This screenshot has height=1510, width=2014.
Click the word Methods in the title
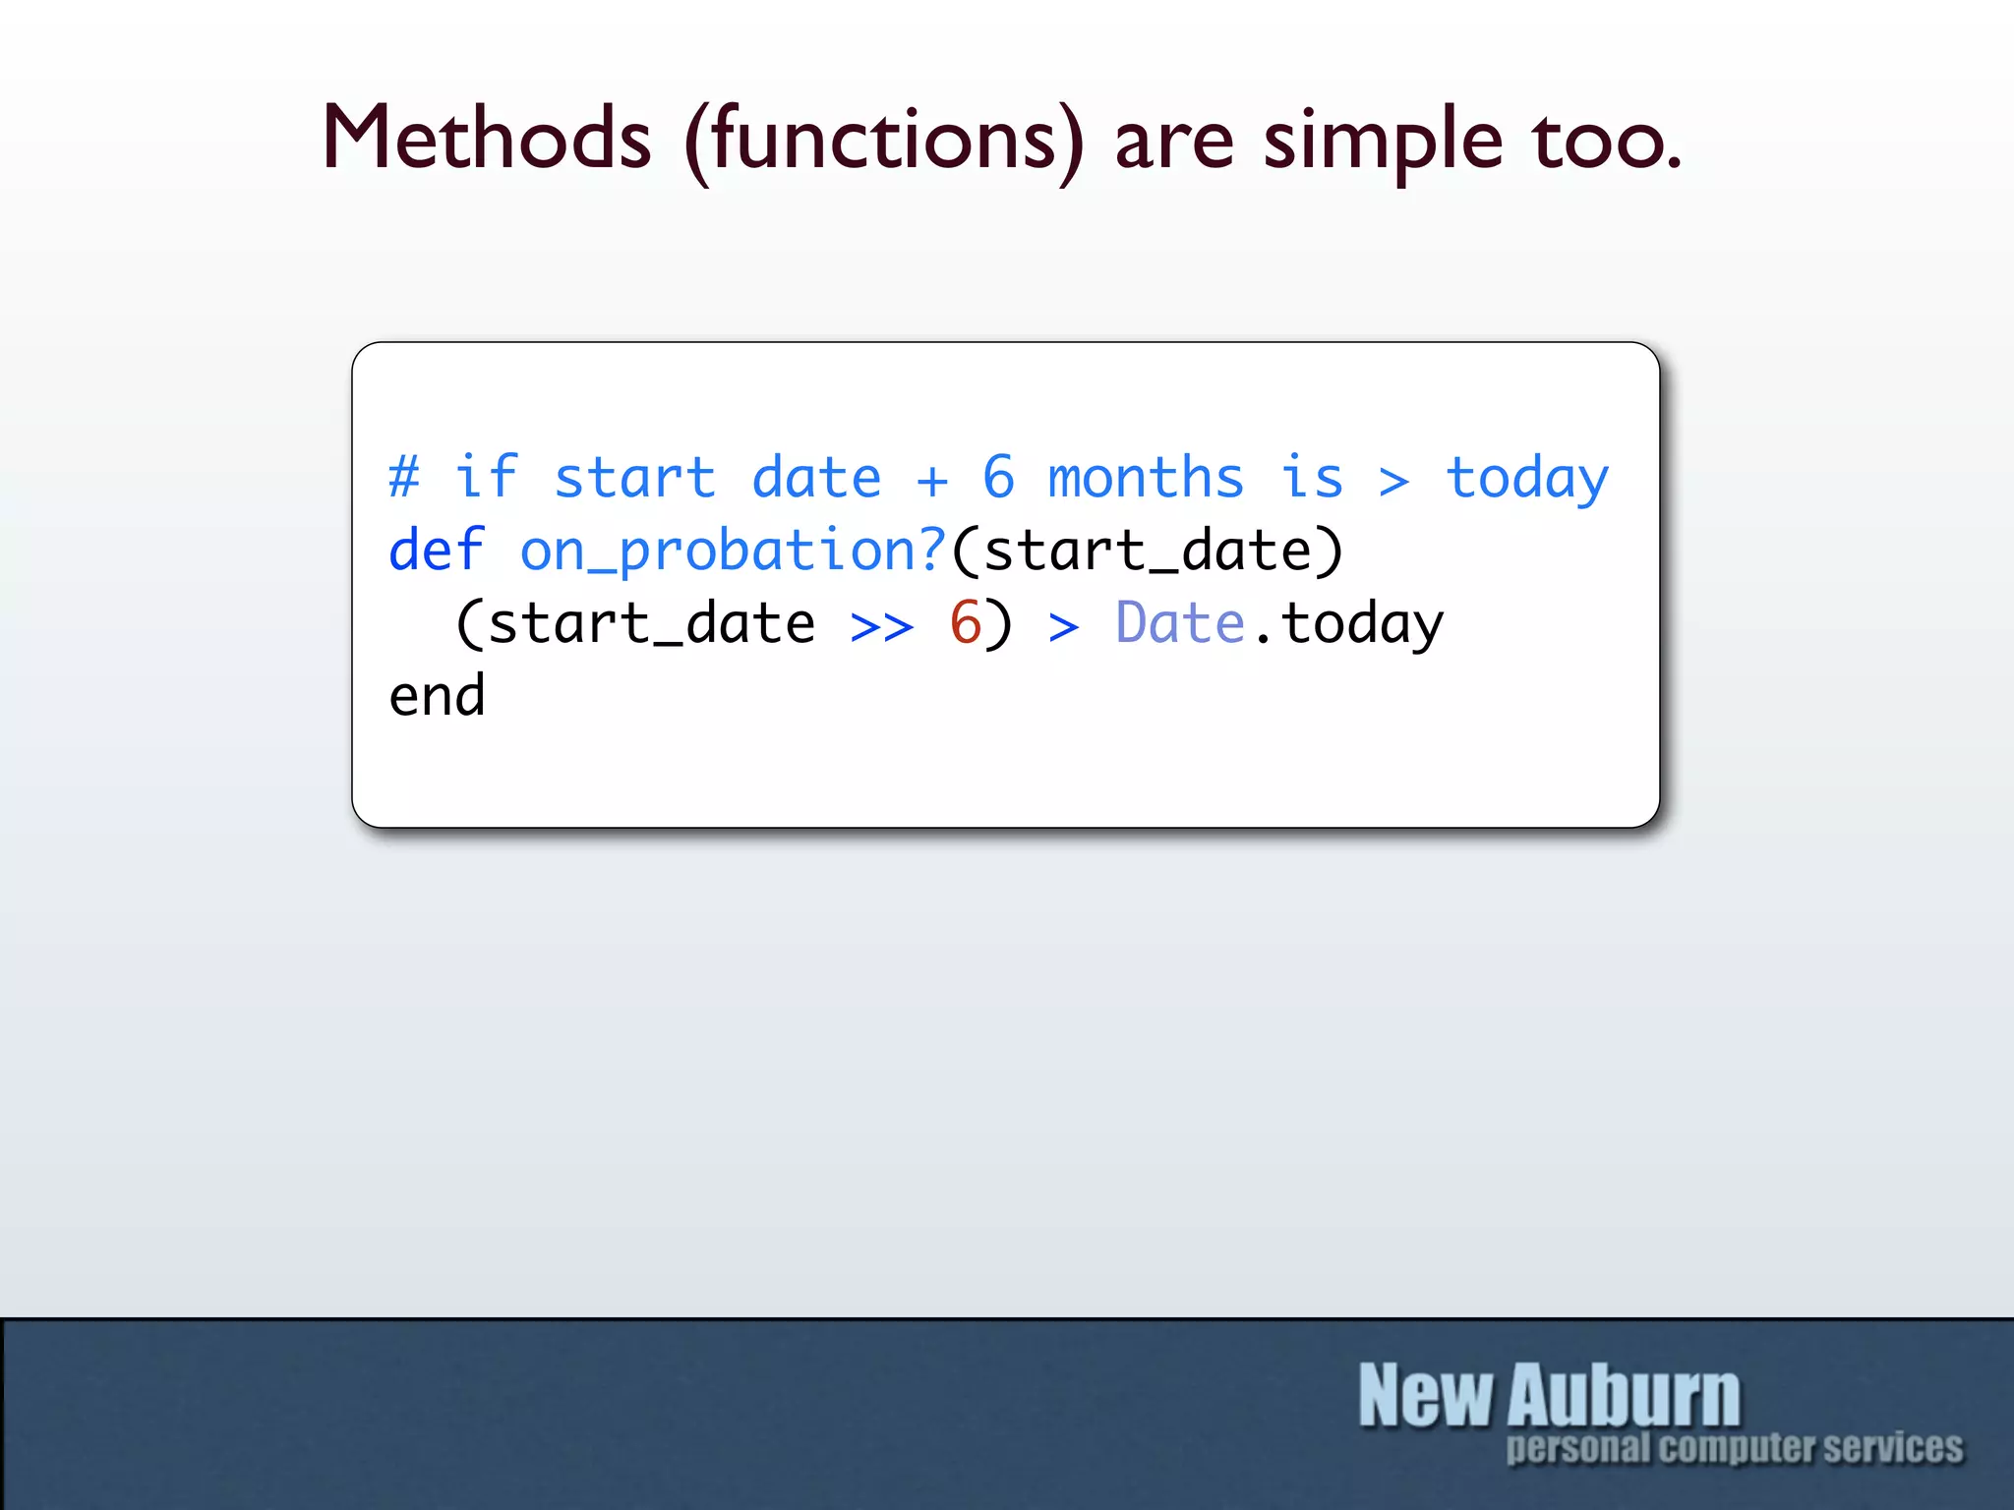486,139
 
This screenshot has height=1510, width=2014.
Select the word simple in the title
1383,143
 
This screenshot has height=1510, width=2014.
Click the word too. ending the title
1606,141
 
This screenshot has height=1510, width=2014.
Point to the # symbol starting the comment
404,478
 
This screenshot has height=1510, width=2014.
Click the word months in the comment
1146,478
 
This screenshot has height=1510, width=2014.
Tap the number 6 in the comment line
998,478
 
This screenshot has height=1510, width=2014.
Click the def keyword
437,550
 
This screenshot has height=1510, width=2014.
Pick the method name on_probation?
733,552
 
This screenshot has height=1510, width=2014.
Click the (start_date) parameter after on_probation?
1147,552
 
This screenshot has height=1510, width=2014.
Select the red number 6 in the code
966,623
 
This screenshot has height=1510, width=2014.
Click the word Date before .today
1180,623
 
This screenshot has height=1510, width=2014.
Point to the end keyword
437,696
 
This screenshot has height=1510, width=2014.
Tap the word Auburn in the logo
1624,1395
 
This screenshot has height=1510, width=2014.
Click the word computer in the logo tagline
1738,1448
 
